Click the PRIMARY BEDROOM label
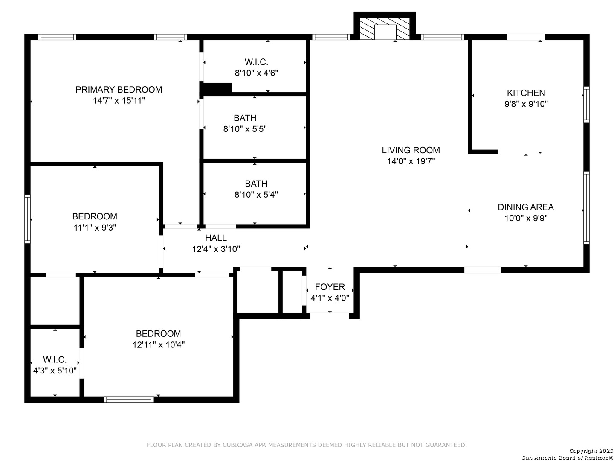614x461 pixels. click(x=119, y=90)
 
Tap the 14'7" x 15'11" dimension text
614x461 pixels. click(x=119, y=100)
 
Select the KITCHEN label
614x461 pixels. click(x=526, y=93)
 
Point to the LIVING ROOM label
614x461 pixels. click(x=411, y=150)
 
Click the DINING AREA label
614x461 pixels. click(x=526, y=207)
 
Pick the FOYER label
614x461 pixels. click(x=330, y=287)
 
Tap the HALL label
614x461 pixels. click(x=216, y=238)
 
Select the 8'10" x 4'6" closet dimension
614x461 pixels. click(x=256, y=73)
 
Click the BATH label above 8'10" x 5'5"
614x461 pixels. click(x=245, y=118)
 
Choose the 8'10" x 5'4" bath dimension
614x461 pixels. click(x=256, y=195)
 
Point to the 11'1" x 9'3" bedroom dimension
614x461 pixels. click(x=95, y=228)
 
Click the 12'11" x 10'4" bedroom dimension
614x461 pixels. click(x=158, y=344)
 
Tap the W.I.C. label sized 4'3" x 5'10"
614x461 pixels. click(x=55, y=360)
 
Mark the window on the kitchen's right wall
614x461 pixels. click(x=586, y=105)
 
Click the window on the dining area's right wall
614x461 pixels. click(x=586, y=208)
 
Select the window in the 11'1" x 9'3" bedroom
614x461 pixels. click(x=27, y=219)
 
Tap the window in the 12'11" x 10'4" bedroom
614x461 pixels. click(x=129, y=400)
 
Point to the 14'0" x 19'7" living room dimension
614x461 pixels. click(x=411, y=161)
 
